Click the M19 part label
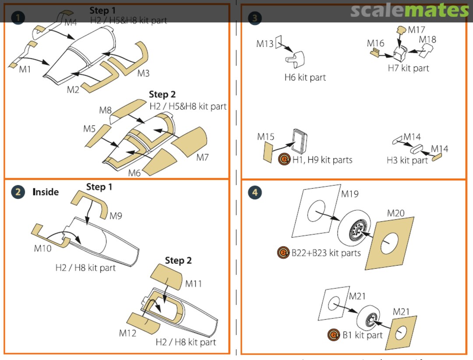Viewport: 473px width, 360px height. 349,194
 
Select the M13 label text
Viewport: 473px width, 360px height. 265,44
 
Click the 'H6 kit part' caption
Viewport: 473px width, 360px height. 305,78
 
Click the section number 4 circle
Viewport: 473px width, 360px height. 255,192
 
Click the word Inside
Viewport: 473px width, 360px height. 46,192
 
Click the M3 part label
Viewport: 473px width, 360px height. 143,73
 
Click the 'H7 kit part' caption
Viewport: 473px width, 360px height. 408,68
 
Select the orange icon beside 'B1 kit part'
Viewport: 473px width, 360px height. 334,335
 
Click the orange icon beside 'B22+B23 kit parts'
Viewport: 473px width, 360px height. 283,253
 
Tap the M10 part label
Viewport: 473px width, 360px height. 42,249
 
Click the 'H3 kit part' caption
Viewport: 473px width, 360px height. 407,161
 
